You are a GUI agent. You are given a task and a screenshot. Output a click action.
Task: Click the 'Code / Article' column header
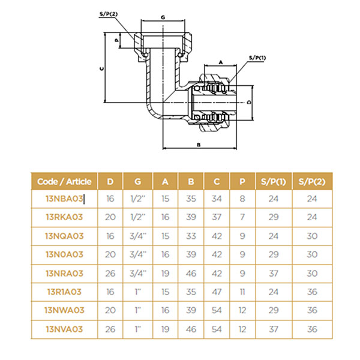64,181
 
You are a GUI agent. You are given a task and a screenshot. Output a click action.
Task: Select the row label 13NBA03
64,198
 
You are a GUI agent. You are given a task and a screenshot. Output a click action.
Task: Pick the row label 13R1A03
64,291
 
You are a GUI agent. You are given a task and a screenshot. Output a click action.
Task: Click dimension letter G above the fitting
163,19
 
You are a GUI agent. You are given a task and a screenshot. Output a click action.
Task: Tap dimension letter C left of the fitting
102,69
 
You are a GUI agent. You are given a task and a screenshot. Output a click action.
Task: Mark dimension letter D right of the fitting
249,103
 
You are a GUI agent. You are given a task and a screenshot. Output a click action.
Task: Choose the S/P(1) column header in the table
274,181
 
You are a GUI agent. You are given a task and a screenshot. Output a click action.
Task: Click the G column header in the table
138,181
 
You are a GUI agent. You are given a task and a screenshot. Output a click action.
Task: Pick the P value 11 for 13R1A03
242,291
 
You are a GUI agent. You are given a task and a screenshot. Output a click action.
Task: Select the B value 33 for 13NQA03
191,235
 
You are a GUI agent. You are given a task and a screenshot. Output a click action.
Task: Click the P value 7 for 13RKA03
242,216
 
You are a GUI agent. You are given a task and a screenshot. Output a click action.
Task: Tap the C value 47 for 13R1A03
216,291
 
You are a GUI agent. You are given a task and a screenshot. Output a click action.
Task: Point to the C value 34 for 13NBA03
216,198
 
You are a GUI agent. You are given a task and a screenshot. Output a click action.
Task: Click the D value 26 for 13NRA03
110,272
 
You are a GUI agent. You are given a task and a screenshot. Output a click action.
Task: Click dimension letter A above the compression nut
220,62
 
